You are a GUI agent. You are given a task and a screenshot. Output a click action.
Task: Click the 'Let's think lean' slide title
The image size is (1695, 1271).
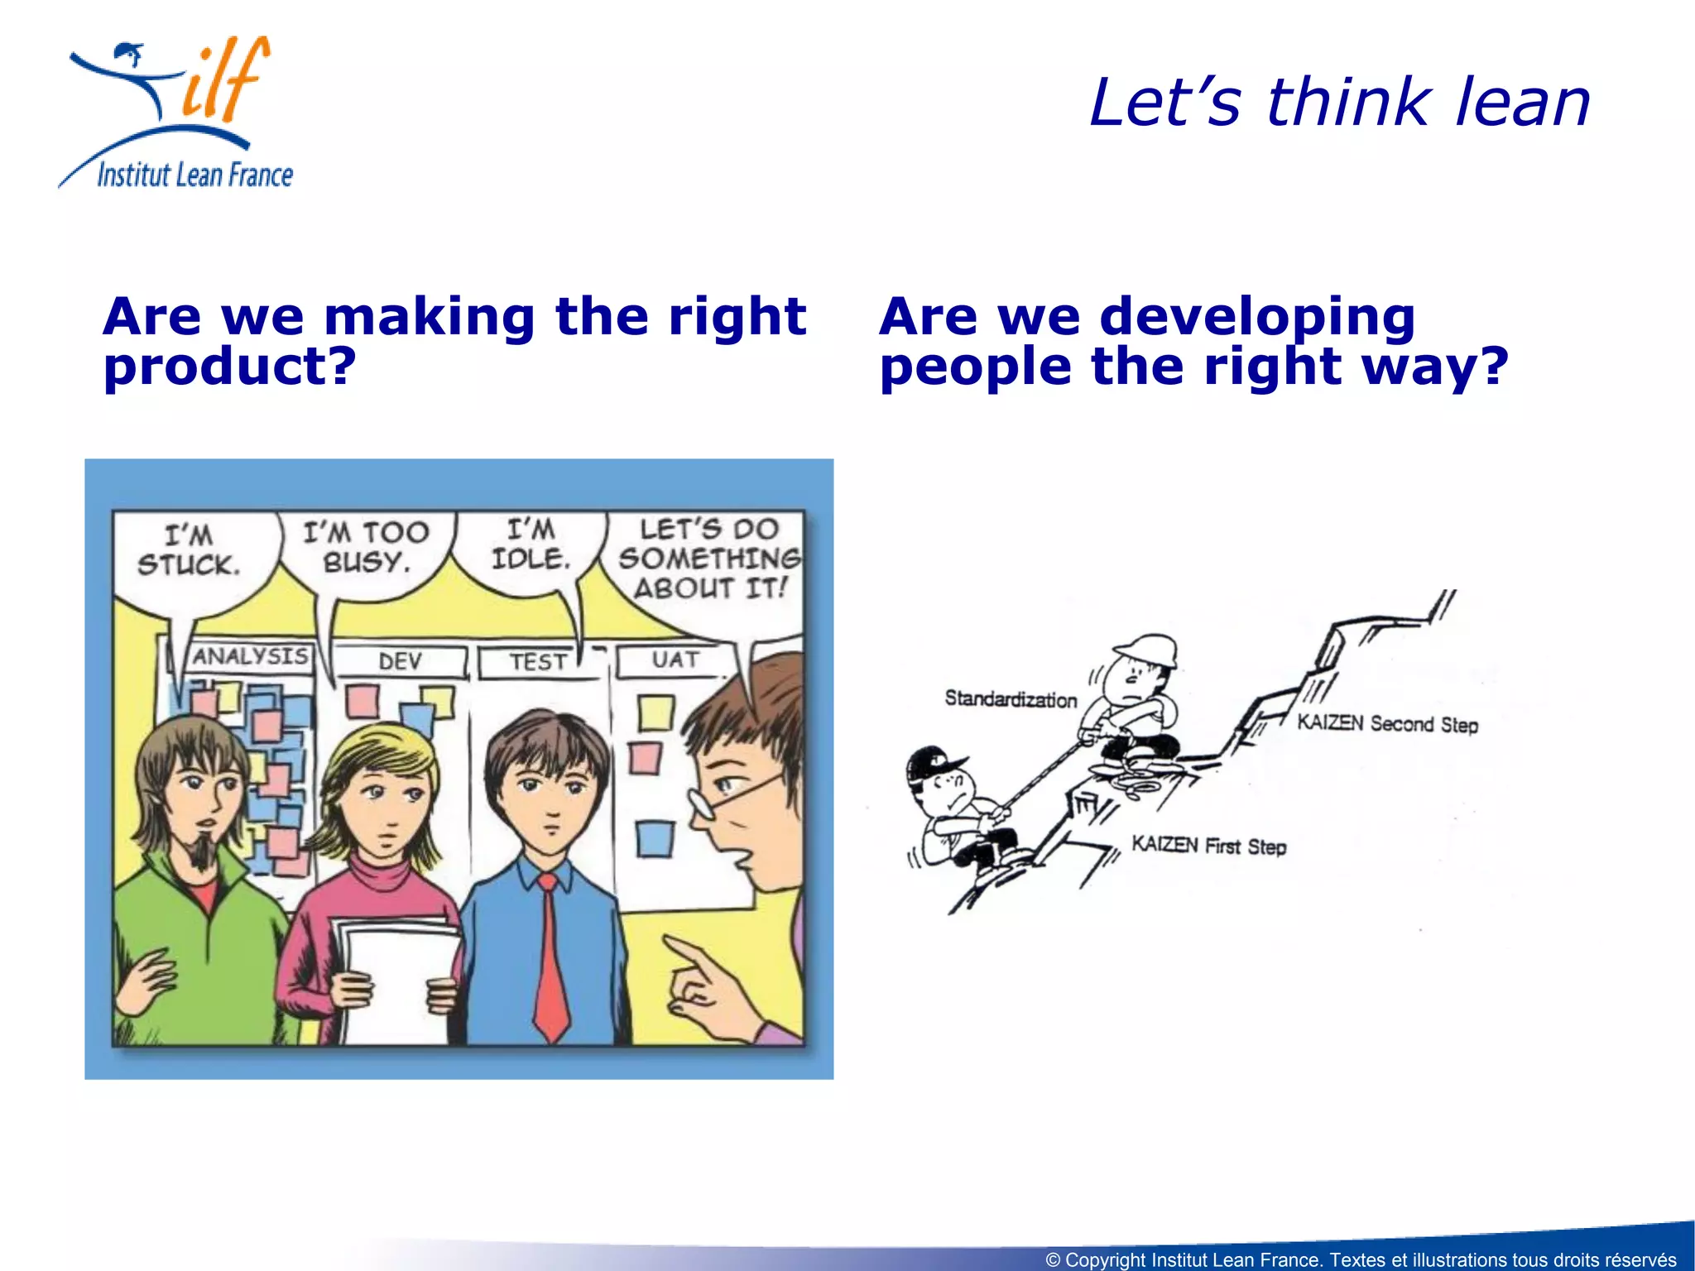pyautogui.click(x=1339, y=103)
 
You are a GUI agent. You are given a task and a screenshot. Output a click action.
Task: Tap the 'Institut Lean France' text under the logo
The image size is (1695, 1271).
pyautogui.click(x=195, y=175)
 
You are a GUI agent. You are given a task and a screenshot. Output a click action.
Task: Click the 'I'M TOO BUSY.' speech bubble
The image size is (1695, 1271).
pyautogui.click(x=366, y=547)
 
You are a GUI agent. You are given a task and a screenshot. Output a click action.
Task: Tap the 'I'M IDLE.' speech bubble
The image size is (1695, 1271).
pyautogui.click(x=531, y=544)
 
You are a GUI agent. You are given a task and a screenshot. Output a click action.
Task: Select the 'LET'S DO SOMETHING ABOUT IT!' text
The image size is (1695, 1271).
pyautogui.click(x=710, y=559)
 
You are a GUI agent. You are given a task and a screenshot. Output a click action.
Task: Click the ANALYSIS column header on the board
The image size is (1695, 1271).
pyautogui.click(x=250, y=657)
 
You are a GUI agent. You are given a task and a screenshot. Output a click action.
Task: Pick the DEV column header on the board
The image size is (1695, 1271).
pyautogui.click(x=401, y=661)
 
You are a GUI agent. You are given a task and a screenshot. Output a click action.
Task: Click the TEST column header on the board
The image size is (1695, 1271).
pyautogui.click(x=538, y=662)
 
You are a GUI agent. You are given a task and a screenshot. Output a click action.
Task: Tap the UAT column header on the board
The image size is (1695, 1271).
pyautogui.click(x=675, y=660)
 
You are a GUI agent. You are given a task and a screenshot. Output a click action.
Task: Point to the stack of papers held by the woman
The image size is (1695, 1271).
pyautogui.click(x=396, y=976)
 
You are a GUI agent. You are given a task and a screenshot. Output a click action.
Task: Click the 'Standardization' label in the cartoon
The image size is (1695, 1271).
pyautogui.click(x=1011, y=699)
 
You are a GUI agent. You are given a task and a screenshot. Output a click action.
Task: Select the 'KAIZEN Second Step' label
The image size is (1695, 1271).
pyautogui.click(x=1387, y=724)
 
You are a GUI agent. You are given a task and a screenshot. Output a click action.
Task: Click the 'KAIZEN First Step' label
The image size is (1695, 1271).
pyautogui.click(x=1208, y=846)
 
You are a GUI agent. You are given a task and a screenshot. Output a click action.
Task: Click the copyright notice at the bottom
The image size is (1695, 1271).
pyautogui.click(x=1361, y=1259)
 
